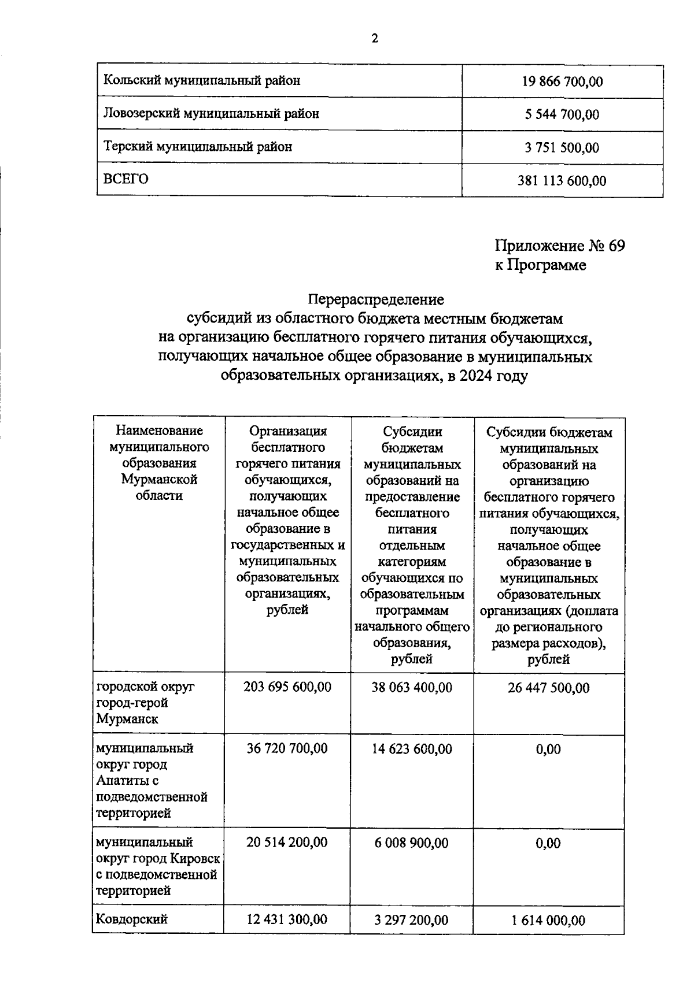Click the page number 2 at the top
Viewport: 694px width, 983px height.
pos(374,39)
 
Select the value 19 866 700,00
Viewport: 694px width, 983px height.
pos(562,82)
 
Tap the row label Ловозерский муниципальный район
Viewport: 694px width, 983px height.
pos(211,114)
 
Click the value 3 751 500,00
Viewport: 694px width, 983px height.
pos(562,148)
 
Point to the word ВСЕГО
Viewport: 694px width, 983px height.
pos(125,179)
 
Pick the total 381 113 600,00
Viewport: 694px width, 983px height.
pos(562,181)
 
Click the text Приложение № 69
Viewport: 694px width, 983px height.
pos(559,246)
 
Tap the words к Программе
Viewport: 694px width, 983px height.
pos(540,265)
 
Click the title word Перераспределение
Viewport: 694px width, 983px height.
pos(376,300)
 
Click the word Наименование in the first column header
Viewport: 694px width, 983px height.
pos(160,431)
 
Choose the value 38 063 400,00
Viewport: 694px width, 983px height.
pos(412,687)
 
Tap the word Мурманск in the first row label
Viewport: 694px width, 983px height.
pos(127,719)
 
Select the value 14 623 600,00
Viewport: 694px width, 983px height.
pos(412,749)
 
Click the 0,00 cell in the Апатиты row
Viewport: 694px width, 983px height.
pos(548,750)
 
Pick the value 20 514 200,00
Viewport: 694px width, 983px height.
pos(287,843)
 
